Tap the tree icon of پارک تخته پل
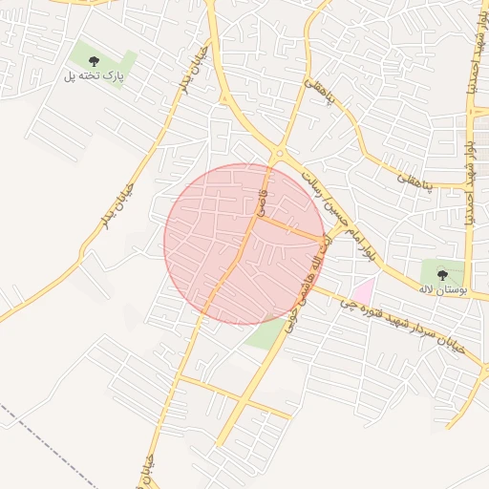pyautogui.click(x=93, y=62)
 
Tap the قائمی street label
pyautogui.click(x=261, y=202)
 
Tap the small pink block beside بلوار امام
pyautogui.click(x=363, y=287)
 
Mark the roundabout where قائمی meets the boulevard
pyautogui.click(x=279, y=154)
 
